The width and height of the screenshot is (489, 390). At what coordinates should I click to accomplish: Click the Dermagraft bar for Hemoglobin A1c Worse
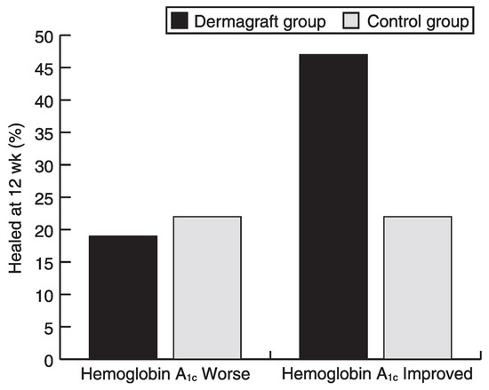(124, 298)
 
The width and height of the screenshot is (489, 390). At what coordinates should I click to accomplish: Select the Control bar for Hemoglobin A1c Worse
(207, 288)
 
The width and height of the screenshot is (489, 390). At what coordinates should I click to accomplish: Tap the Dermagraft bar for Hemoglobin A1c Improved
(333, 206)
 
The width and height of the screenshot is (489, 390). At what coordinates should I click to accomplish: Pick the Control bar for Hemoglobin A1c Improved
(418, 288)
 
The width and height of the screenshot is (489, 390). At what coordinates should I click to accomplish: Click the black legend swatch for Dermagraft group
(180, 20)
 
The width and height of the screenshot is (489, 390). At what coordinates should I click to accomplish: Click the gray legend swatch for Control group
(351, 20)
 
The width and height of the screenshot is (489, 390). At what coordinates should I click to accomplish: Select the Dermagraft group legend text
(261, 22)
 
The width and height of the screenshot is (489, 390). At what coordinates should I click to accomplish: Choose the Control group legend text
(418, 22)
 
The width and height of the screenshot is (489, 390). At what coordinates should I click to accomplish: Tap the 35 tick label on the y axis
(44, 134)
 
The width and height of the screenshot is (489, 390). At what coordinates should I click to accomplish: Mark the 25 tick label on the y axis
(44, 199)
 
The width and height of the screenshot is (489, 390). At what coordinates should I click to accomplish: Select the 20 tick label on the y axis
(44, 232)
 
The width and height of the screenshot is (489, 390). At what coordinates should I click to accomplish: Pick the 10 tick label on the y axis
(44, 297)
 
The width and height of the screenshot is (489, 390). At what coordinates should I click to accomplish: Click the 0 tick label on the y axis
(49, 362)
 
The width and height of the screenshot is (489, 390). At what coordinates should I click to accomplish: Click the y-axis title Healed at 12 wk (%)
(16, 198)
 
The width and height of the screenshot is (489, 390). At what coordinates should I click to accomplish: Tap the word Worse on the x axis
(226, 374)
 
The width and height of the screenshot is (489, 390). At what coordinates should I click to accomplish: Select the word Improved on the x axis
(437, 374)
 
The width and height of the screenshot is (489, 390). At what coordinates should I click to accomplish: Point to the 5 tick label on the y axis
(49, 329)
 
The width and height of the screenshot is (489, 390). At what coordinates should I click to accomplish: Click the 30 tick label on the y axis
(44, 167)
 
